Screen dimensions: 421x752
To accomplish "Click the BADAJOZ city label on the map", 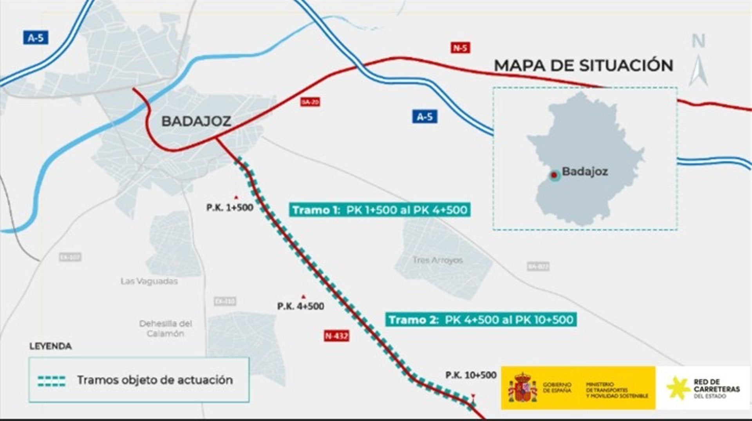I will point(196,121).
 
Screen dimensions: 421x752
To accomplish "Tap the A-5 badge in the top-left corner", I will point(35,38).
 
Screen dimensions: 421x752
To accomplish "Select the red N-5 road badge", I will point(460,48).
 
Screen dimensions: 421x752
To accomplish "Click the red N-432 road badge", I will point(336,336).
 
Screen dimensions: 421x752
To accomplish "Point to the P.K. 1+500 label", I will point(230,207).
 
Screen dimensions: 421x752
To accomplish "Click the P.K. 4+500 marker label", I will point(300,306).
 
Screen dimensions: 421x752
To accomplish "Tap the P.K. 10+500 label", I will point(471,375).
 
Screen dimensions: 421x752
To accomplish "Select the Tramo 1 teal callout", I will point(380,210).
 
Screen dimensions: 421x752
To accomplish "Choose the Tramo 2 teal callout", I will point(481,320).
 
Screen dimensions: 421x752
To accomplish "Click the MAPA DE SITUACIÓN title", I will point(584,65).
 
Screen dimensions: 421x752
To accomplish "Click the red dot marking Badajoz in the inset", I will point(554,175).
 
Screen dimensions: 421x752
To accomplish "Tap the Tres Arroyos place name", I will point(437,260).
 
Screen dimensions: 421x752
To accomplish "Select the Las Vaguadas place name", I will point(149,281).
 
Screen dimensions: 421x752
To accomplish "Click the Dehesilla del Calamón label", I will point(166,328).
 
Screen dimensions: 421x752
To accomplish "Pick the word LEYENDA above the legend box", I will point(51,346).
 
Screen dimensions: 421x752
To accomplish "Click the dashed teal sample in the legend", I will point(52,381).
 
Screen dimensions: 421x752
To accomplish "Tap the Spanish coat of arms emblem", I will point(522,388).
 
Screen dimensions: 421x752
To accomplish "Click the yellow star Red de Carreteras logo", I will point(678,388).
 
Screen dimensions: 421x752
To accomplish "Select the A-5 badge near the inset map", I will point(425,116).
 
